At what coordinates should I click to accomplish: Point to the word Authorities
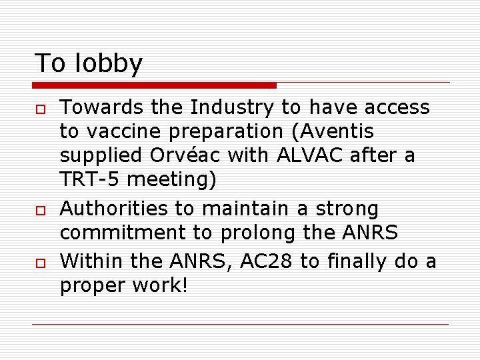click(114, 209)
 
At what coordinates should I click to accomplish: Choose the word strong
click(347, 209)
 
